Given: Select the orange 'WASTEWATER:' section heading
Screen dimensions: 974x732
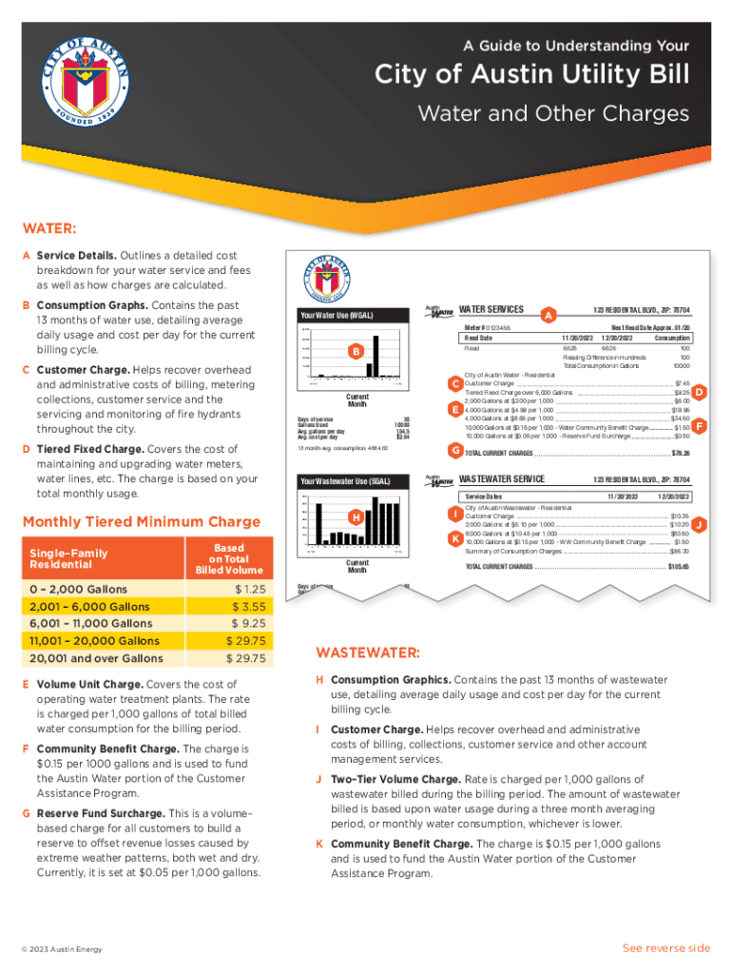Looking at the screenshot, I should [368, 653].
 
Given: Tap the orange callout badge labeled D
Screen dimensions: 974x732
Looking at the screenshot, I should [699, 392].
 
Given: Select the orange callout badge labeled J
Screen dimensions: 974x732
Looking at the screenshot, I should [699, 524].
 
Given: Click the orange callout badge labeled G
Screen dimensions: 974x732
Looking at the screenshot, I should [455, 449].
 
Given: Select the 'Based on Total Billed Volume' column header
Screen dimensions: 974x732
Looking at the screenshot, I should [228, 559].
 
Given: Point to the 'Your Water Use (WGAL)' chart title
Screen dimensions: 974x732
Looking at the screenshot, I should [336, 316].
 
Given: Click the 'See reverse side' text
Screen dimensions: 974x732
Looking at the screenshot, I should [665, 948].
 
